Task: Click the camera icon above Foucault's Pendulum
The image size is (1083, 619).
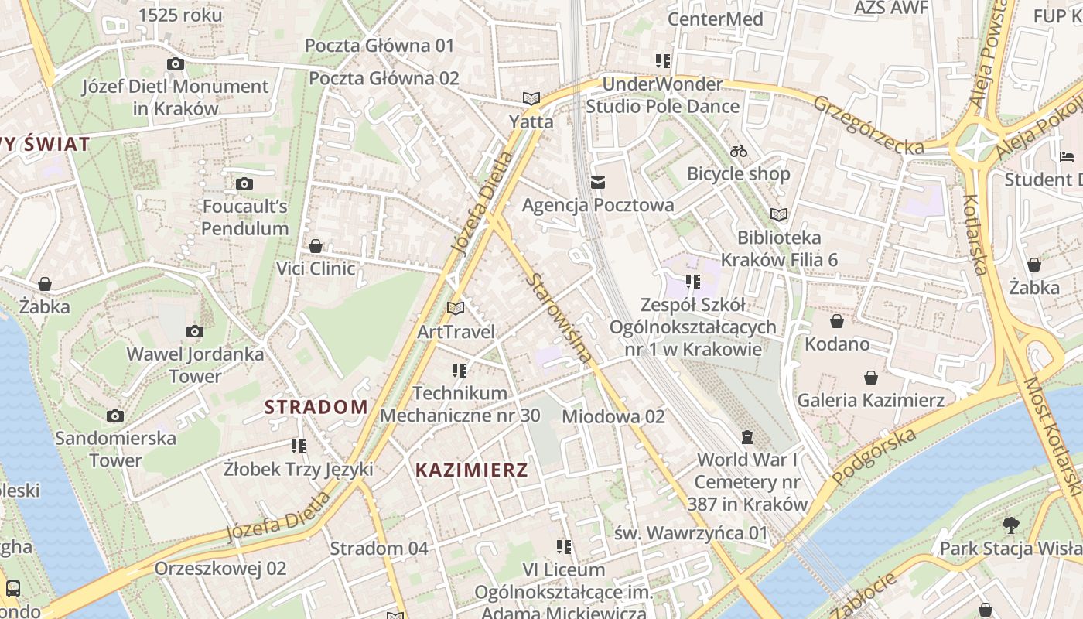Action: coord(244,183)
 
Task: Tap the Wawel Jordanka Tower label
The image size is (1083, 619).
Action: coord(195,365)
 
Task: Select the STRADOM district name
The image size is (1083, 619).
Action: coord(316,407)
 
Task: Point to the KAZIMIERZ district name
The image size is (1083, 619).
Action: coord(472,470)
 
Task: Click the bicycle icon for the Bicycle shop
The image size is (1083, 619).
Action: coord(739,151)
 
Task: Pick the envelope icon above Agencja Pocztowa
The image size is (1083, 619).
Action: coord(598,183)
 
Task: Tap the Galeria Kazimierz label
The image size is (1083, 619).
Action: coord(870,400)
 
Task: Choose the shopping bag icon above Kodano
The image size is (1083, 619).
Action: coord(837,320)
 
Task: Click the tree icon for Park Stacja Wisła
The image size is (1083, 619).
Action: coord(1010,525)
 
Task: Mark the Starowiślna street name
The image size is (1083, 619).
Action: coord(559,317)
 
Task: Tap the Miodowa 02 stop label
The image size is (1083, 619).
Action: coord(613,416)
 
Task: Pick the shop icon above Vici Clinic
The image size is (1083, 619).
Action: coord(316,246)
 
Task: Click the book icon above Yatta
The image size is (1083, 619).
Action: coord(531,98)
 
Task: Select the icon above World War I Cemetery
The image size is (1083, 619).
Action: coord(747,437)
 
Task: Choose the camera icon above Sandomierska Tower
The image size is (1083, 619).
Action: coord(115,416)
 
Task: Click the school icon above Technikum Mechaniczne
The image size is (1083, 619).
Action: coord(460,371)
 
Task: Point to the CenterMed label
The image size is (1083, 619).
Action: coord(715,19)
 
